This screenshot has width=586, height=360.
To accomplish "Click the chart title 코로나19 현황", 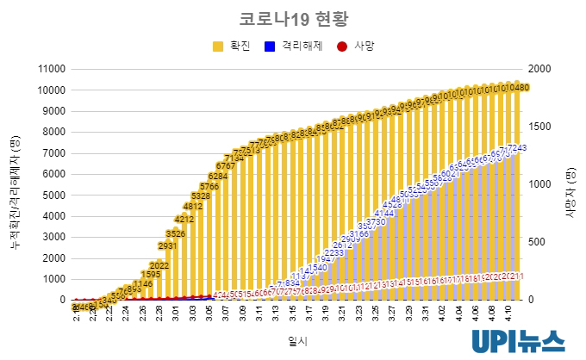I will [292, 18].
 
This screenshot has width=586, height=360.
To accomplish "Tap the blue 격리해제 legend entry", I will [293, 46].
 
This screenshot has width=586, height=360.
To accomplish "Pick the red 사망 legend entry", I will [357, 46].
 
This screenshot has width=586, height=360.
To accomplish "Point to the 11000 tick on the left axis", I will [51, 69].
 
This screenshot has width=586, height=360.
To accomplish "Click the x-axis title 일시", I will [297, 342].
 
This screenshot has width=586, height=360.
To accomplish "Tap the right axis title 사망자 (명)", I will [570, 184].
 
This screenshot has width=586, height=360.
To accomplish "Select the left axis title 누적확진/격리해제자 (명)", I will [15, 184].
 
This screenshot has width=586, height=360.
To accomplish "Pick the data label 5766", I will [209, 186].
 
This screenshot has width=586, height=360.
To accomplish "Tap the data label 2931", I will [168, 245].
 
